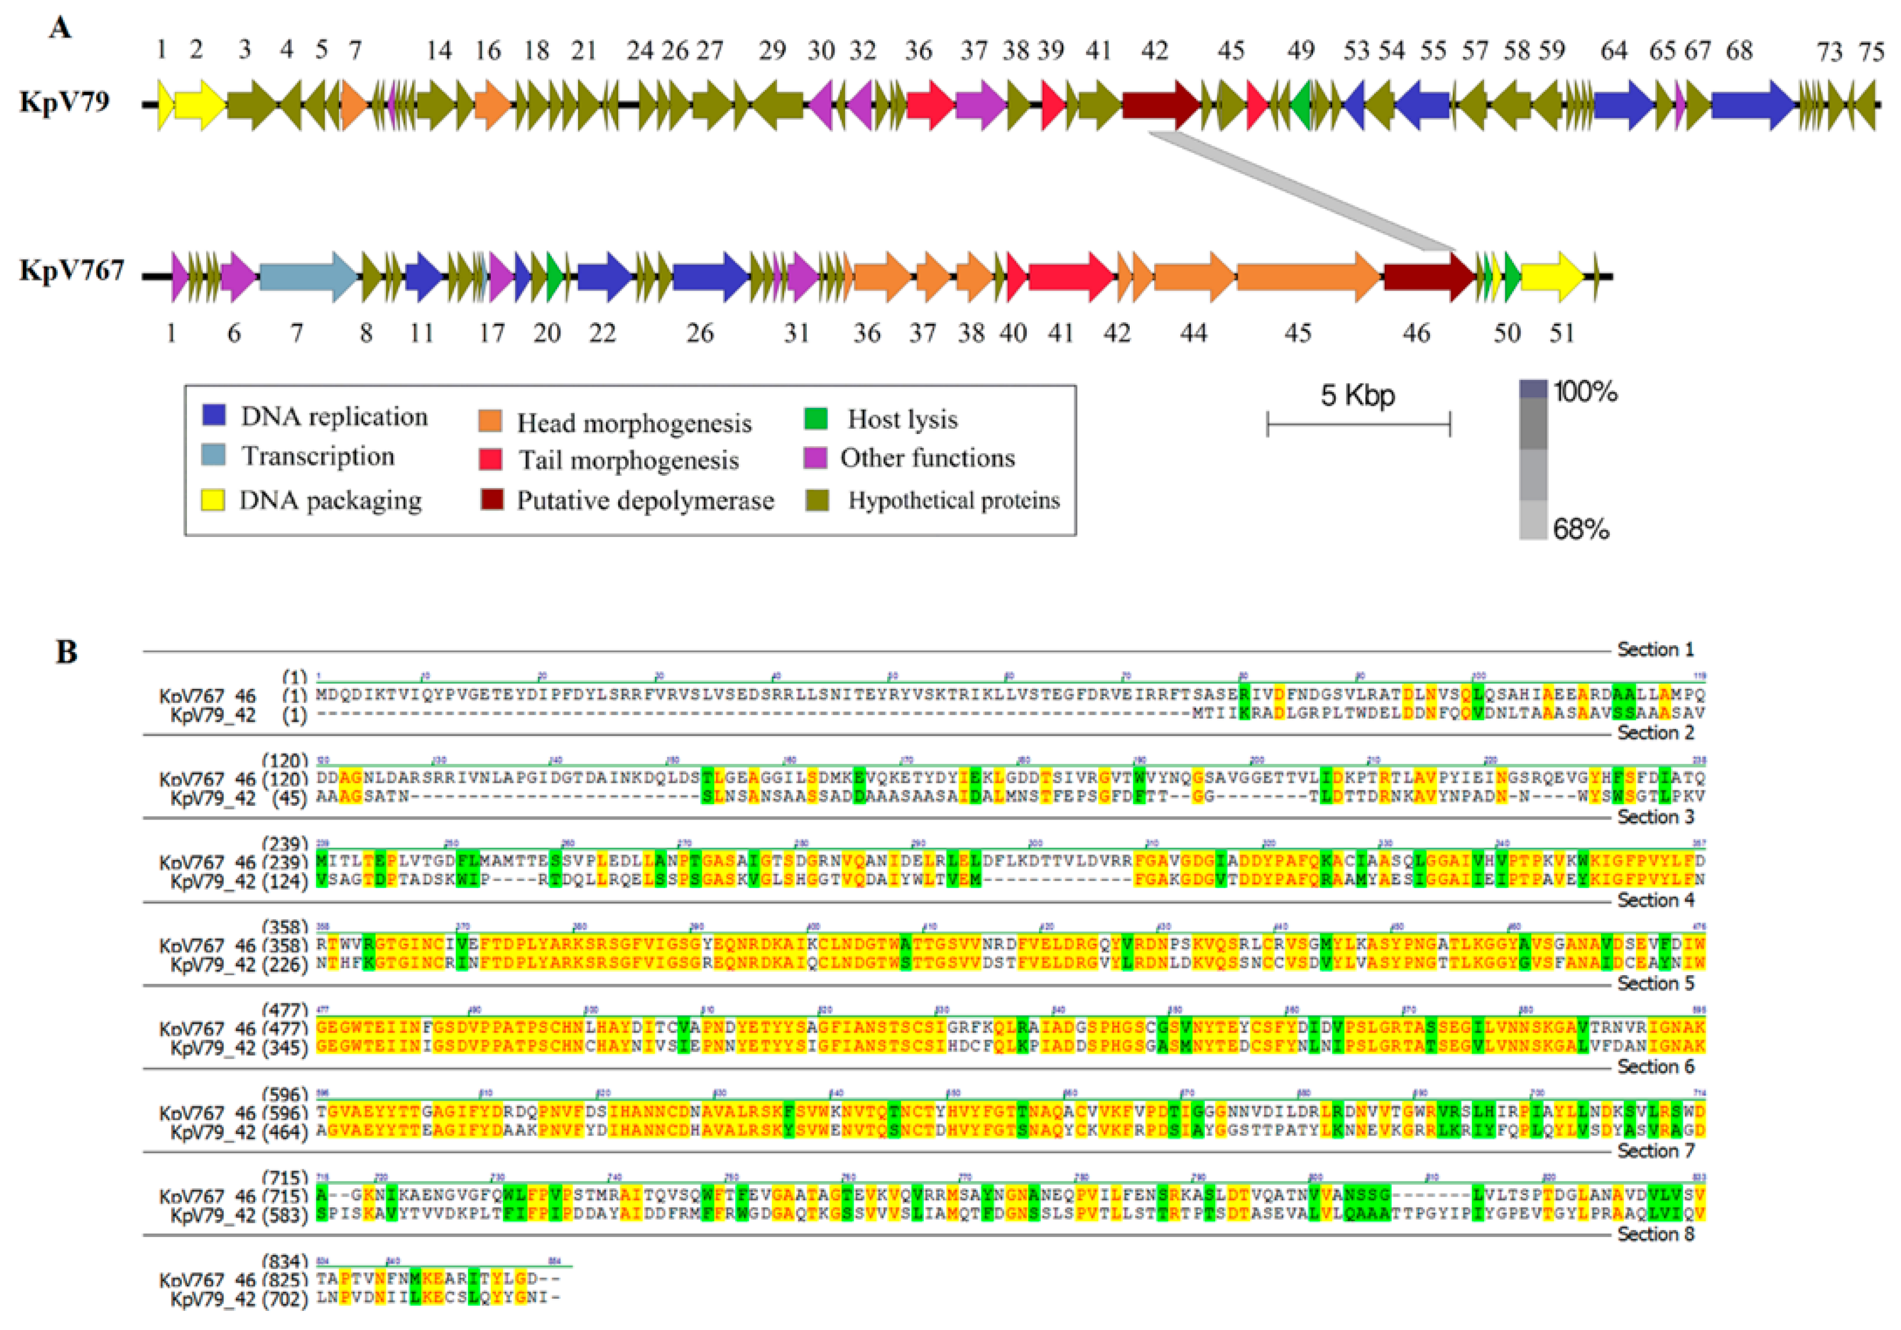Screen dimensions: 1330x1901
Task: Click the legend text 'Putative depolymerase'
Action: click(645, 500)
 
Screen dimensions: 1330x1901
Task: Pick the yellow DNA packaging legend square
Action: click(213, 499)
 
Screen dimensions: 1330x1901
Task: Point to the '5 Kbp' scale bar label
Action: click(1357, 396)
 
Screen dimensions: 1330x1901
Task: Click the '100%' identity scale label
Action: click(1585, 391)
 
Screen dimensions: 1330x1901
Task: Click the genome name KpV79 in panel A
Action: click(65, 103)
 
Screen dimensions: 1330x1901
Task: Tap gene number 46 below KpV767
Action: click(1416, 333)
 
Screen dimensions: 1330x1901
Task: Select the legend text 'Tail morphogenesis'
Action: click(628, 461)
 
